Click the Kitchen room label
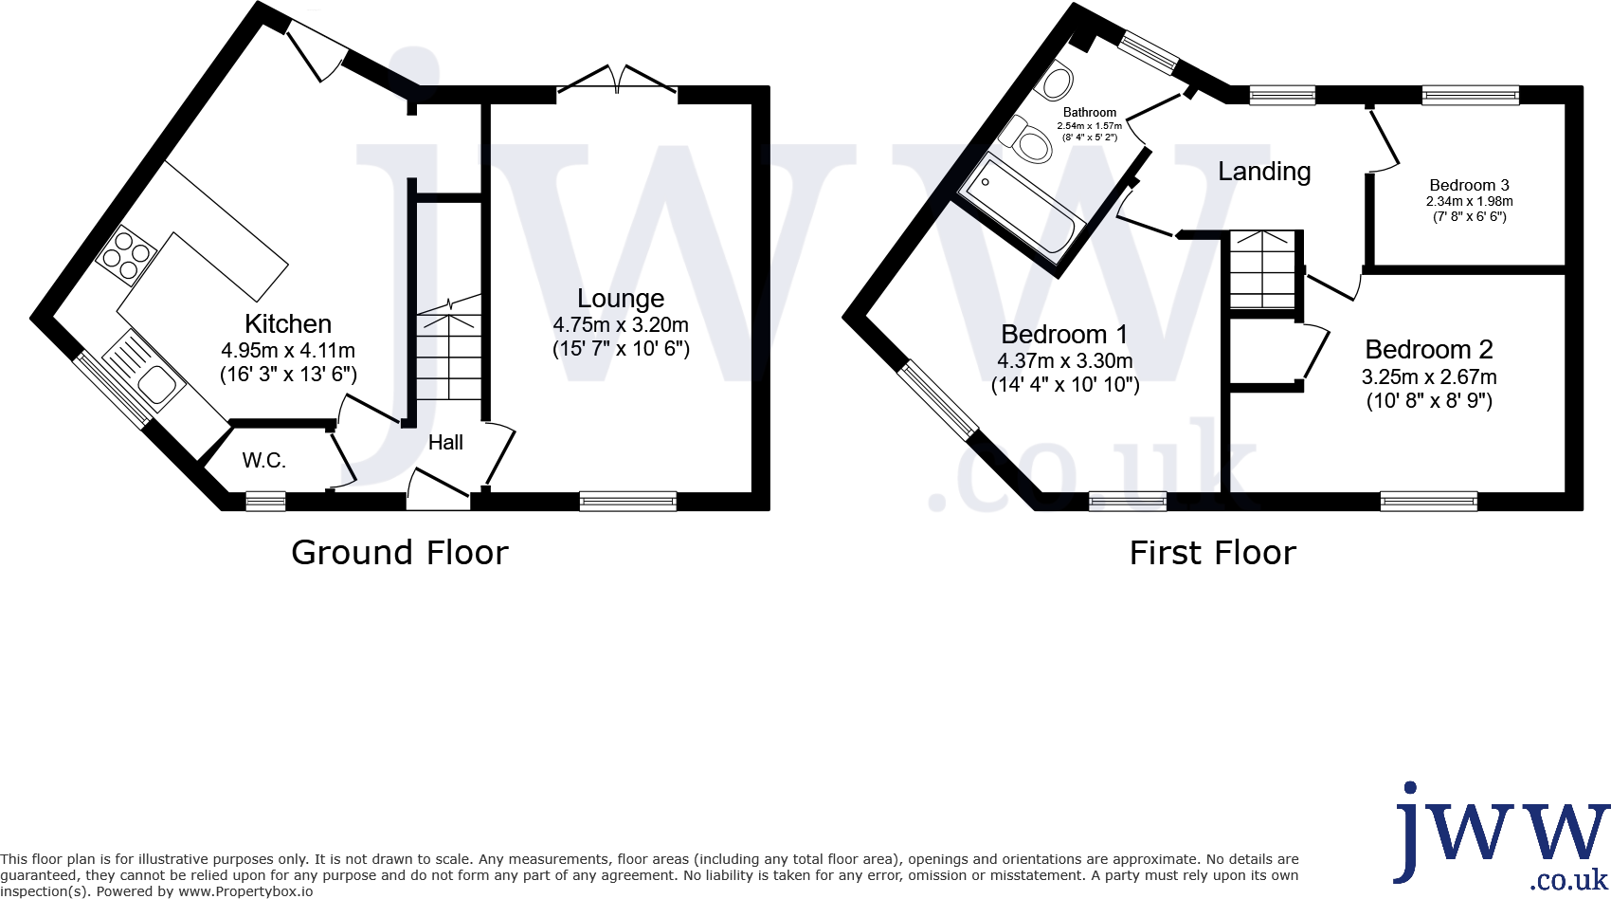[x=288, y=323]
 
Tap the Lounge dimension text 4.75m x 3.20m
[x=621, y=324]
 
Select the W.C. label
[x=263, y=461]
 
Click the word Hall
[x=445, y=442]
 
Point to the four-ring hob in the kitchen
[x=126, y=254]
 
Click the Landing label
[x=1264, y=172]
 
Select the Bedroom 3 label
[x=1469, y=185]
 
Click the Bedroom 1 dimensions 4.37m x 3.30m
[x=1065, y=360]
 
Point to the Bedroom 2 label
[x=1429, y=350]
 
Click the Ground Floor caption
[x=400, y=553]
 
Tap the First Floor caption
[x=1212, y=553]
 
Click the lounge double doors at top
[x=618, y=81]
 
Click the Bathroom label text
[x=1090, y=112]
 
